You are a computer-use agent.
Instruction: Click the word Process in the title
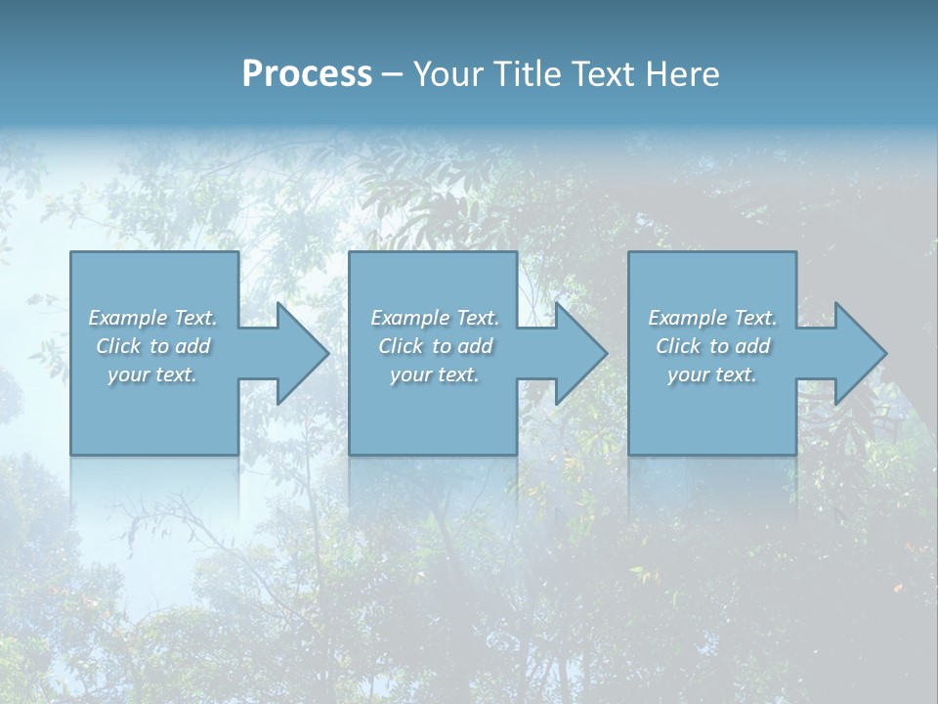click(x=307, y=74)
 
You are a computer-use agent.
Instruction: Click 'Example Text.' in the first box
click(x=152, y=318)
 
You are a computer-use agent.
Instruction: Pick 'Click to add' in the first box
click(x=152, y=346)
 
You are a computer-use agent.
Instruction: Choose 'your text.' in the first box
click(x=152, y=374)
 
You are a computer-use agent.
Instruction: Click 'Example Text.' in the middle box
click(x=435, y=318)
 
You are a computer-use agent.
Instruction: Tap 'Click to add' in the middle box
click(x=435, y=346)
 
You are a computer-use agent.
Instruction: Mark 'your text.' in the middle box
click(x=435, y=374)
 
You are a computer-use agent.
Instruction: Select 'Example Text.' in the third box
click(x=712, y=318)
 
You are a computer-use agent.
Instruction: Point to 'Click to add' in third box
click(x=712, y=346)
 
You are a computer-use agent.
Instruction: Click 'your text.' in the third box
click(x=712, y=374)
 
